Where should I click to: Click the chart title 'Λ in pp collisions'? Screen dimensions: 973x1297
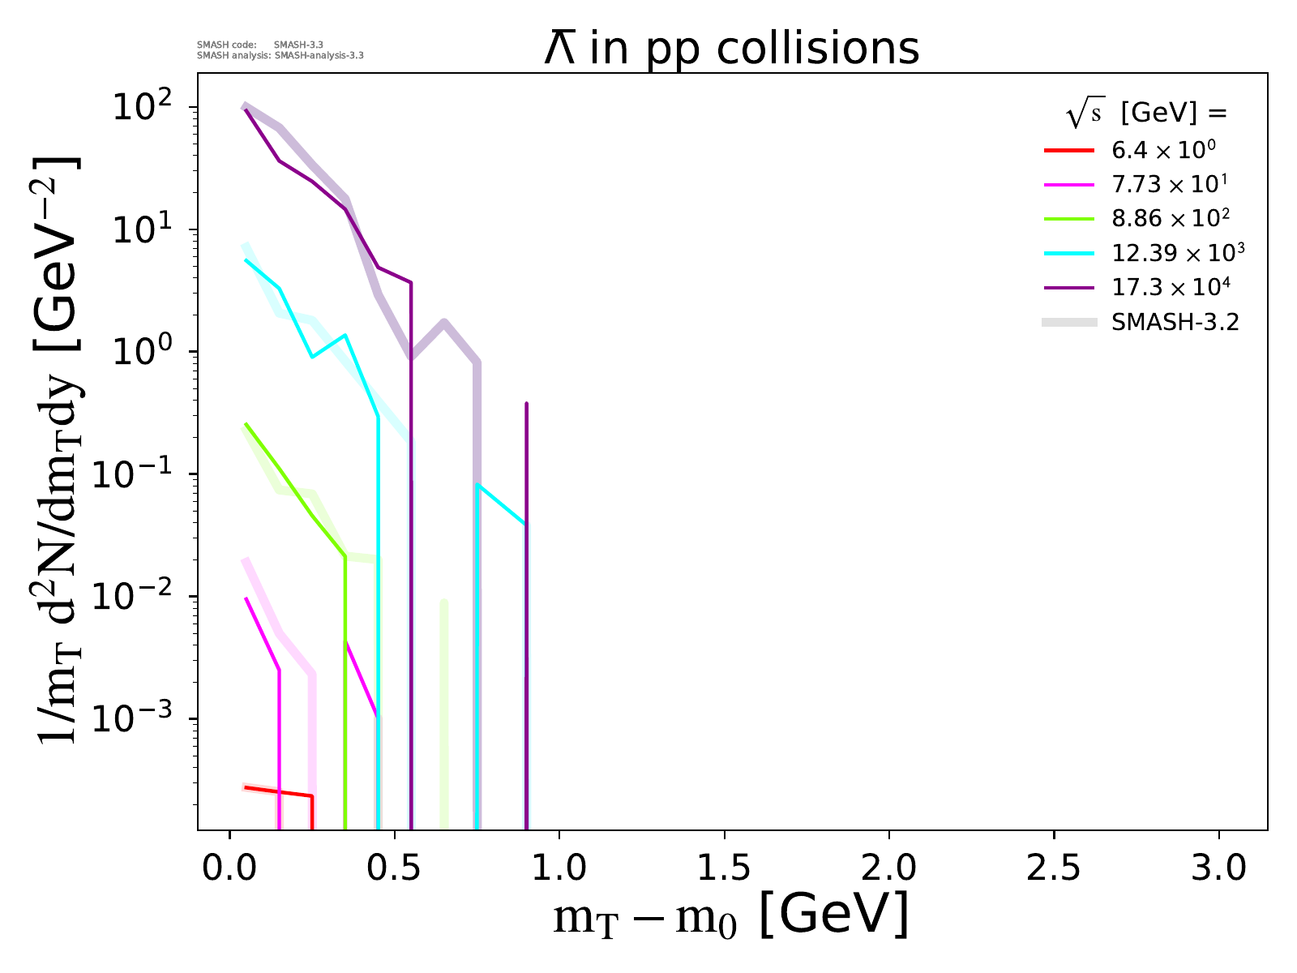point(731,49)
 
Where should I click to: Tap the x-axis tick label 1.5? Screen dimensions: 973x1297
point(724,868)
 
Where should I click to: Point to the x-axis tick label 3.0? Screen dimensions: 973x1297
point(1218,868)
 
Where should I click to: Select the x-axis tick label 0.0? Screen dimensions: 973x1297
point(229,868)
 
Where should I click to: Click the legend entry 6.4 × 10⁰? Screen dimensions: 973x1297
point(1163,150)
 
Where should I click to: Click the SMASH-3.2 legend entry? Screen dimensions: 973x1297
point(1175,322)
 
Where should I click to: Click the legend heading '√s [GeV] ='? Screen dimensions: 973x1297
point(1146,114)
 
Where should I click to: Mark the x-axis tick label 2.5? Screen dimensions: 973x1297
point(1054,868)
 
